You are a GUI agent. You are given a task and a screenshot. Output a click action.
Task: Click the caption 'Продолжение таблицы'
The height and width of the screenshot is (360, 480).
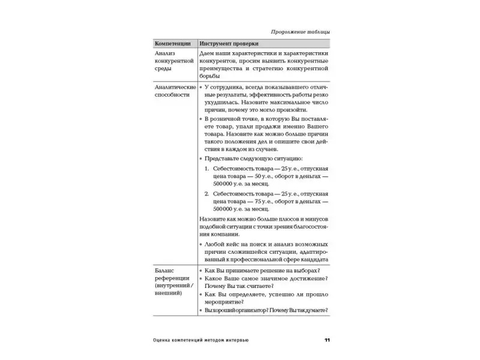point(301,32)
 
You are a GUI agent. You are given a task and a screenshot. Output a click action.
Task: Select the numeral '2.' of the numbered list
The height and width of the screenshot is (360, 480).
point(208,194)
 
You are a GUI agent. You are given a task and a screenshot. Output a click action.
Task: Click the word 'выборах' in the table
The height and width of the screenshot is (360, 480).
point(304,271)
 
